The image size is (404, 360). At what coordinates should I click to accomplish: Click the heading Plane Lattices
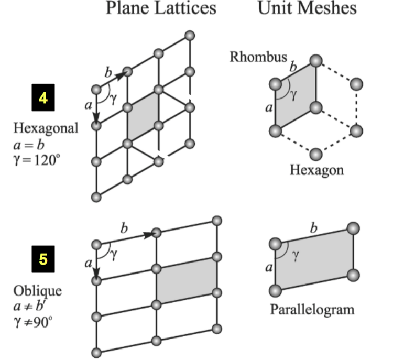(160, 8)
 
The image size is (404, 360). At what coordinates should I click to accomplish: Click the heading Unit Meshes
(307, 8)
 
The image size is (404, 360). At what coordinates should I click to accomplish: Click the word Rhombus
(258, 57)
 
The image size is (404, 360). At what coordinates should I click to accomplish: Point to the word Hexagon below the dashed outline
(316, 170)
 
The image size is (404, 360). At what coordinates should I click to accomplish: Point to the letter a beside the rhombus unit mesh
(269, 108)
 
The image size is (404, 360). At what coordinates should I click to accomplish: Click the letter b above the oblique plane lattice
(124, 228)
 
